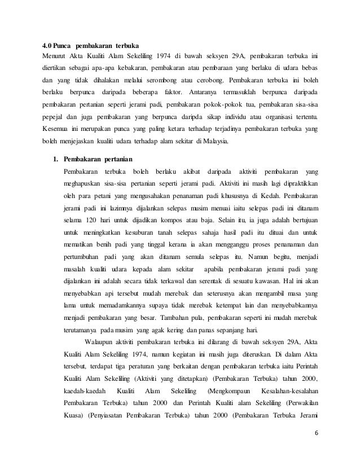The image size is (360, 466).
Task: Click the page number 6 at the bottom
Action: [314, 447]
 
